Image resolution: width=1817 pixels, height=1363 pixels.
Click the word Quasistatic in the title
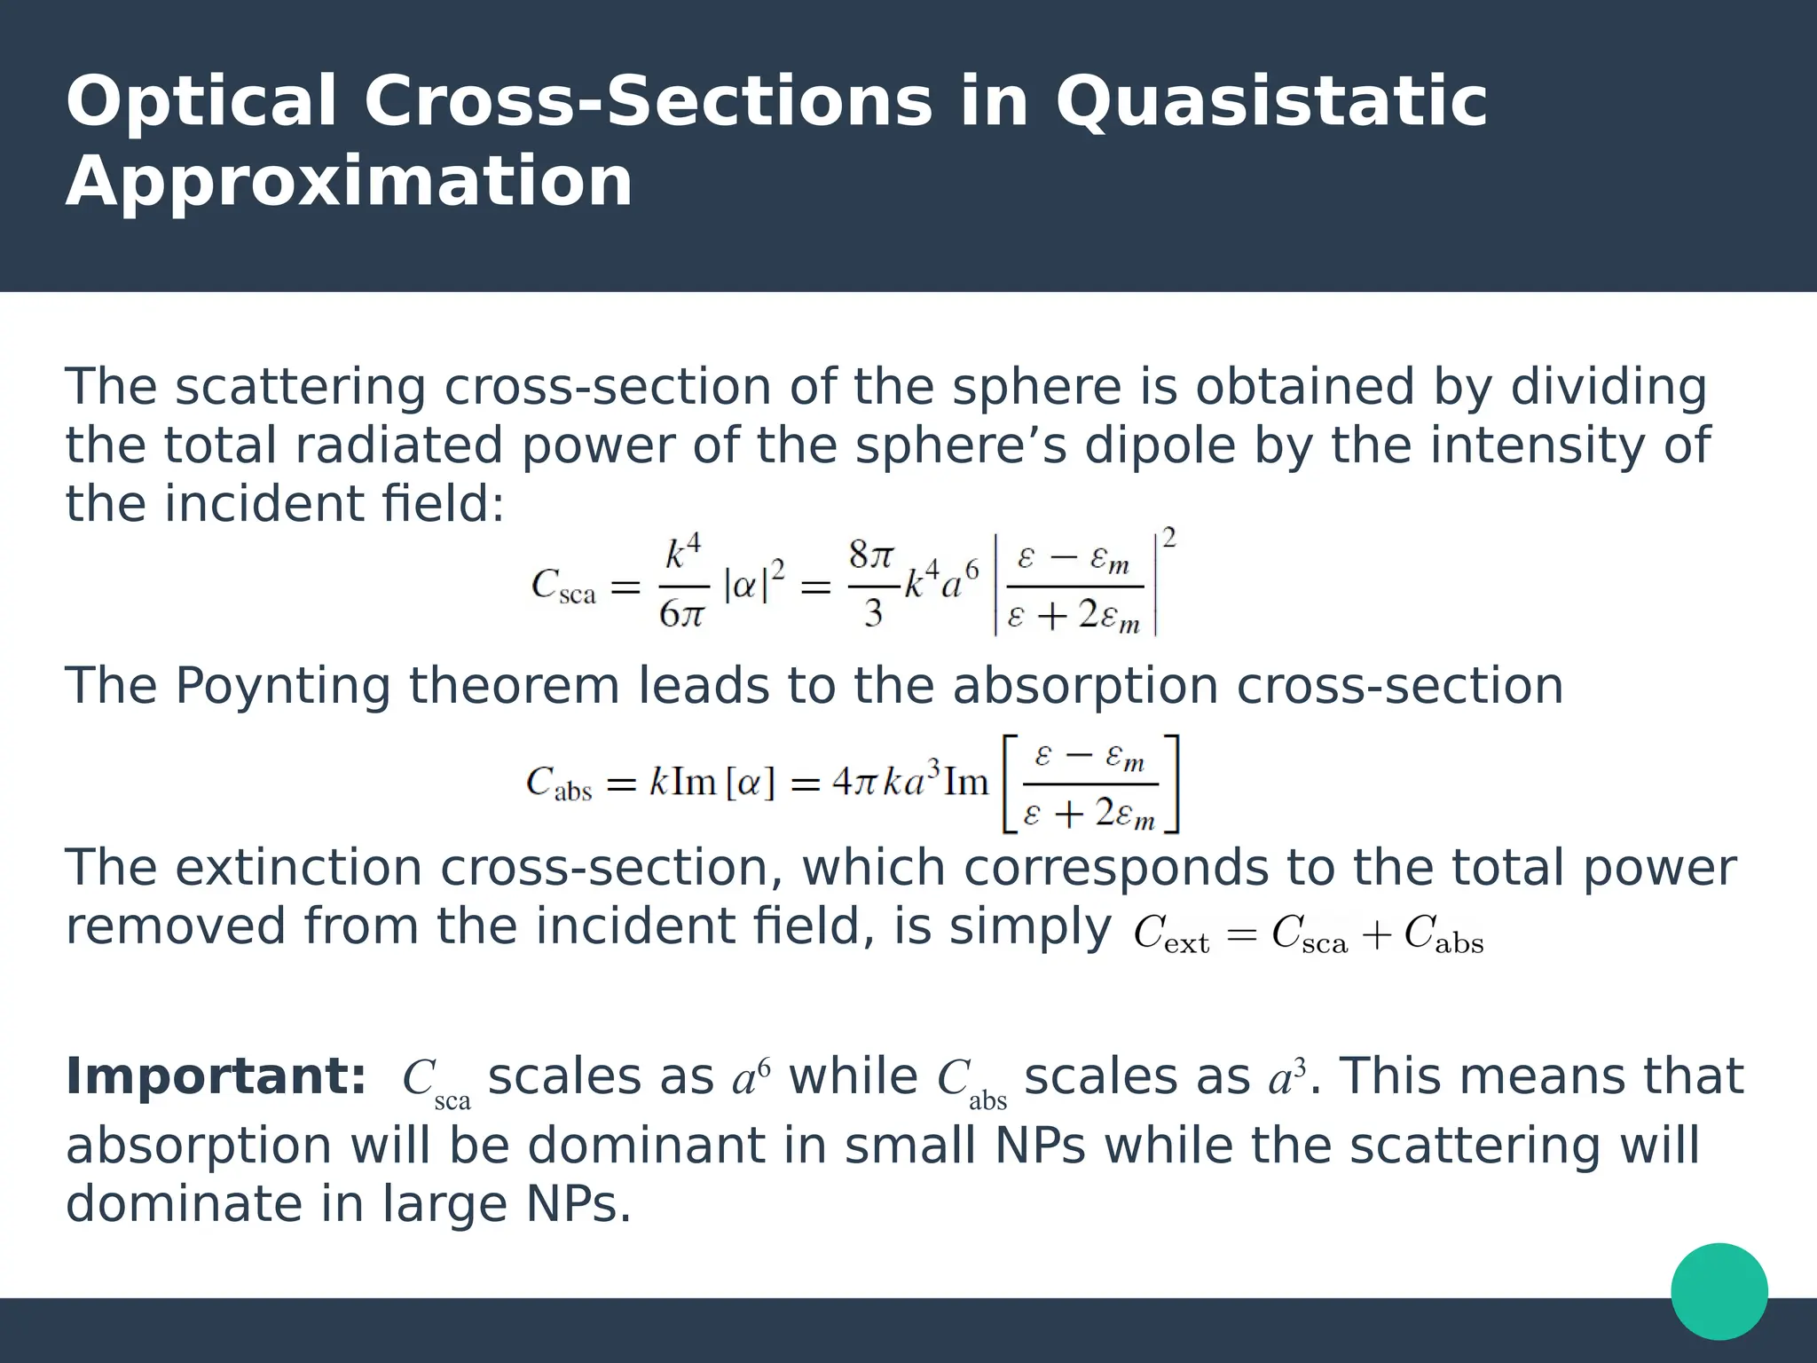pyautogui.click(x=1270, y=102)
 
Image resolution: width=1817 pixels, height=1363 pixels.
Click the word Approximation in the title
pyautogui.click(x=349, y=182)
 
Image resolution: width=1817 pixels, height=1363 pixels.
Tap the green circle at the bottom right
pyautogui.click(x=1719, y=1291)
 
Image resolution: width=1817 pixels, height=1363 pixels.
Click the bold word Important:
pyautogui.click(x=216, y=1076)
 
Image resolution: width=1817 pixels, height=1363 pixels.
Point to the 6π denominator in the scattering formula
pyautogui.click(x=681, y=613)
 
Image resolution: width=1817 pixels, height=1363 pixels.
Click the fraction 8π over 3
pyautogui.click(x=871, y=585)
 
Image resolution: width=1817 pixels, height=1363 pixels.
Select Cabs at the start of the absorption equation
pyautogui.click(x=558, y=784)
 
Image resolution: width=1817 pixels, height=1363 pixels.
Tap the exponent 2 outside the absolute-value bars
pyautogui.click(x=1168, y=539)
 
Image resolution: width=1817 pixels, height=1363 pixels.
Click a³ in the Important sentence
pyautogui.click(x=1287, y=1078)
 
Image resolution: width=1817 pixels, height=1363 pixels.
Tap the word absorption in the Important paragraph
pyautogui.click(x=199, y=1146)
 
